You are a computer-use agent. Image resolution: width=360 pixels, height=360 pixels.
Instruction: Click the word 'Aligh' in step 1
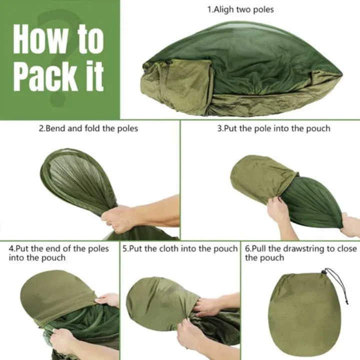pos(223,9)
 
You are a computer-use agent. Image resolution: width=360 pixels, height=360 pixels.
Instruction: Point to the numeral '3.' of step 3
pos(220,128)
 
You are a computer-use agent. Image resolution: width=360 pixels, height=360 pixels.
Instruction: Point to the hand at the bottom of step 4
pos(62,340)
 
